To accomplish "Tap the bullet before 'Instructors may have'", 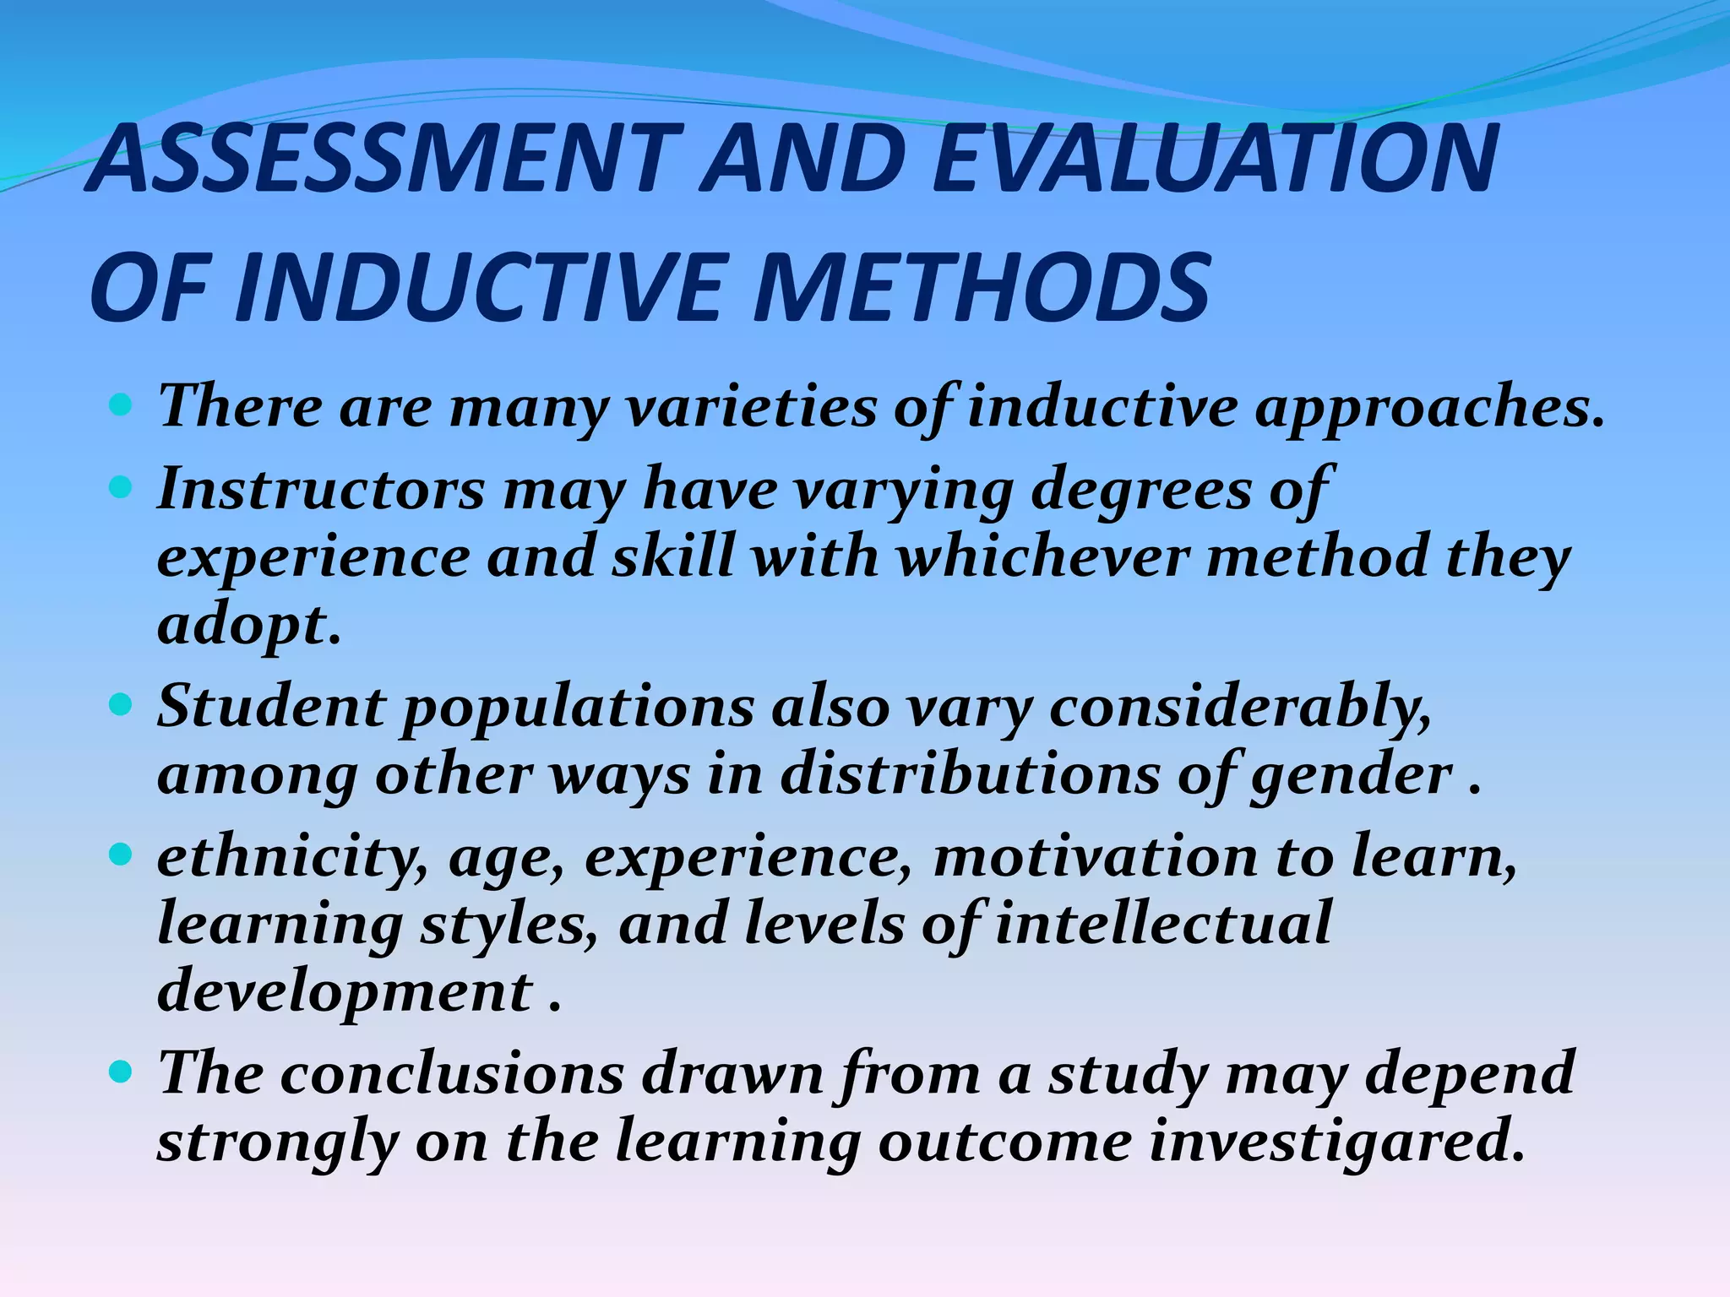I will click(122, 488).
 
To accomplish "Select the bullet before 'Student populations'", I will click(122, 705).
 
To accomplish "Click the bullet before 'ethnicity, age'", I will click(122, 855).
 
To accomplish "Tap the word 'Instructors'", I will click(321, 489).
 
